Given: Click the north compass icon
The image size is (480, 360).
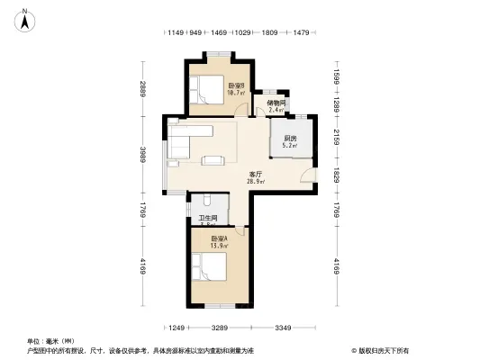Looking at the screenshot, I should coord(26,17).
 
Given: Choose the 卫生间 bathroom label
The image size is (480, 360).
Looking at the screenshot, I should coord(207,220).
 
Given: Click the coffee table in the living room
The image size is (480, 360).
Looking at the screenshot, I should coord(213,161).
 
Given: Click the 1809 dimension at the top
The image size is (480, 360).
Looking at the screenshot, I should coord(268,33).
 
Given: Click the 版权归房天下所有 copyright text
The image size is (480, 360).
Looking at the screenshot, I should coord(384,350).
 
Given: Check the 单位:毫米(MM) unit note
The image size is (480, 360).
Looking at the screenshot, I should coord(50,341).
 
